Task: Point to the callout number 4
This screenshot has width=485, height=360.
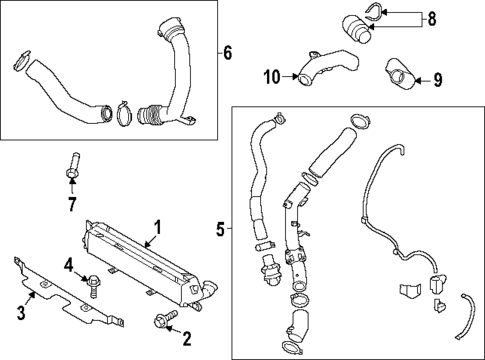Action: [67, 265]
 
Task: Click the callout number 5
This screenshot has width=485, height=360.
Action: [220, 229]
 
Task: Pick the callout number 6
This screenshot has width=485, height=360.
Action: [227, 52]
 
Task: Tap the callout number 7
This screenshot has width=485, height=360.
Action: [71, 206]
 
